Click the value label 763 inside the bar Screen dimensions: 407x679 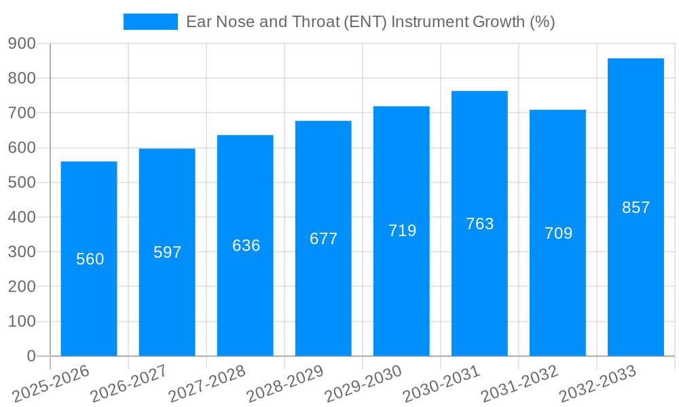click(479, 224)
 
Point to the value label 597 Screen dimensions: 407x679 click(167, 252)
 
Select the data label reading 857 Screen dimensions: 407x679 click(636, 208)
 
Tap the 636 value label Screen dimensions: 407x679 click(246, 246)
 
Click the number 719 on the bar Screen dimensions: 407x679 click(402, 231)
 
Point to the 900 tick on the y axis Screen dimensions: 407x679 click(22, 43)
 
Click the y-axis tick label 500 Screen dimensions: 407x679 click(22, 182)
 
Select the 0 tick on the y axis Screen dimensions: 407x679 click(31, 356)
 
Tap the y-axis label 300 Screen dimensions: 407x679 click(22, 252)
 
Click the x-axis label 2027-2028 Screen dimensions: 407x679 click(208, 383)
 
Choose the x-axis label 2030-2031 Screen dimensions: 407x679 click(442, 383)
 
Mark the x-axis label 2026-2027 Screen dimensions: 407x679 click(130, 383)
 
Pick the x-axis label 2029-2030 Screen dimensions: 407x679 click(364, 383)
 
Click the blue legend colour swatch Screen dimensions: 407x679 click(150, 22)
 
